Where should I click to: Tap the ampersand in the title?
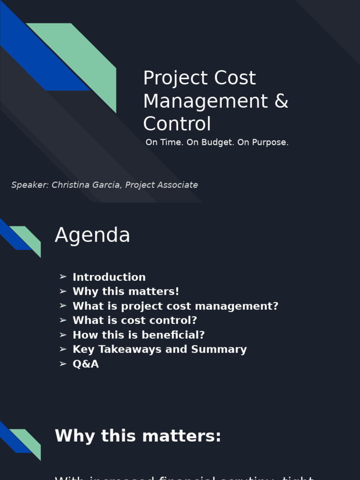[x=281, y=101]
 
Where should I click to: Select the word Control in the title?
[x=177, y=124]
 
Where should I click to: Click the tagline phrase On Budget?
[x=210, y=142]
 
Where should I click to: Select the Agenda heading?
[x=92, y=235]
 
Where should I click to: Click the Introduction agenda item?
[x=109, y=277]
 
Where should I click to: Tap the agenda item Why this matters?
[x=126, y=292]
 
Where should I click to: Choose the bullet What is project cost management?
[x=175, y=306]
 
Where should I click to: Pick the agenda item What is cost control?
[x=135, y=321]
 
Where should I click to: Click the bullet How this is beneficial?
[x=138, y=335]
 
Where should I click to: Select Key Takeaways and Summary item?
[x=159, y=350]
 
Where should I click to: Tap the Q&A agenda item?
[x=85, y=364]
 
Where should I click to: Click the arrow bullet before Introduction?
[x=63, y=277]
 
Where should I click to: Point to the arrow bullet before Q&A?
[x=63, y=364]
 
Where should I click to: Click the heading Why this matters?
[x=138, y=436]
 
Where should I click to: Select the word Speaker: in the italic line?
[x=30, y=185]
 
